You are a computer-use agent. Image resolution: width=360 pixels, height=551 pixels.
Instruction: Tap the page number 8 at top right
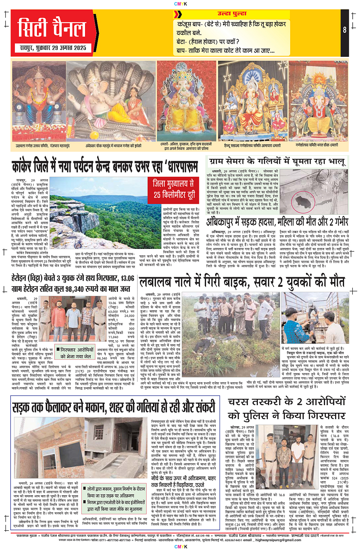344,31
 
